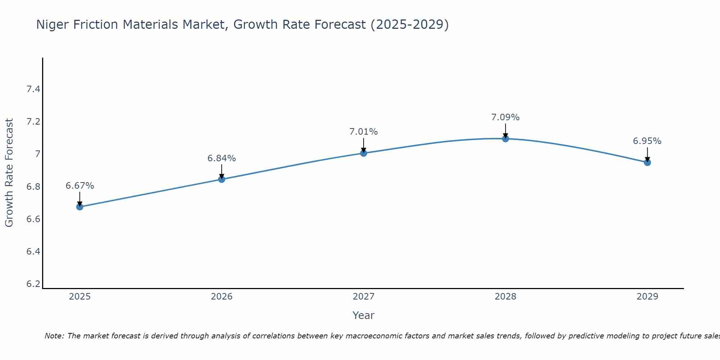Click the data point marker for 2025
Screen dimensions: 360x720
[x=80, y=207]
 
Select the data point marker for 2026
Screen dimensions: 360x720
[x=222, y=179]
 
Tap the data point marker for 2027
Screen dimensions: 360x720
[x=364, y=153]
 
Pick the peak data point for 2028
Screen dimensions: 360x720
[x=505, y=139]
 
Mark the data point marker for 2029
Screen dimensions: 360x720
[x=647, y=162]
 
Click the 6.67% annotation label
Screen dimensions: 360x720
[x=80, y=186]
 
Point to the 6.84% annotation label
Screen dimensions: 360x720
[x=222, y=158]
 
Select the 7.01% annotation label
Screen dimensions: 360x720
[x=364, y=132]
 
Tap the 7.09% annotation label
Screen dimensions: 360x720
[x=505, y=117]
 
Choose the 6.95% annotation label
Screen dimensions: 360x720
[x=647, y=141]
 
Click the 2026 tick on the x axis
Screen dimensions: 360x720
[x=222, y=297]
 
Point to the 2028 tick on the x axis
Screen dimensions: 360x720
[x=505, y=297]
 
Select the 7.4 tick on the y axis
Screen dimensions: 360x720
[x=33, y=89]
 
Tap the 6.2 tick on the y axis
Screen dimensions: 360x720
[x=33, y=284]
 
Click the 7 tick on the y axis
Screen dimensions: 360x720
[x=37, y=154]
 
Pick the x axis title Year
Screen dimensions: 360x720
[x=364, y=315]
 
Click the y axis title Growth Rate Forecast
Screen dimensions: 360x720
[x=9, y=173]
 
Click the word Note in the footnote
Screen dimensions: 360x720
[x=54, y=336]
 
